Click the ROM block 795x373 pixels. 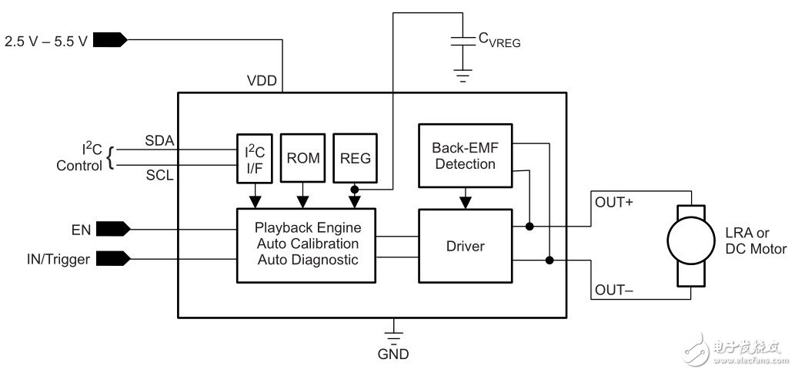(303, 158)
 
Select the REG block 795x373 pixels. (355, 158)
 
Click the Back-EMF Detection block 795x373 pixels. (464, 156)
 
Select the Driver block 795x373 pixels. (464, 246)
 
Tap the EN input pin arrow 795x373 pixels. (115, 228)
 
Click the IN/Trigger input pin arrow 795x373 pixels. (115, 259)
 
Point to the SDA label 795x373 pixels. (159, 141)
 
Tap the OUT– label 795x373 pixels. (613, 291)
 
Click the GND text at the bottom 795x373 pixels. (393, 355)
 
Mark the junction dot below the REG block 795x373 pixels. (355, 188)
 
